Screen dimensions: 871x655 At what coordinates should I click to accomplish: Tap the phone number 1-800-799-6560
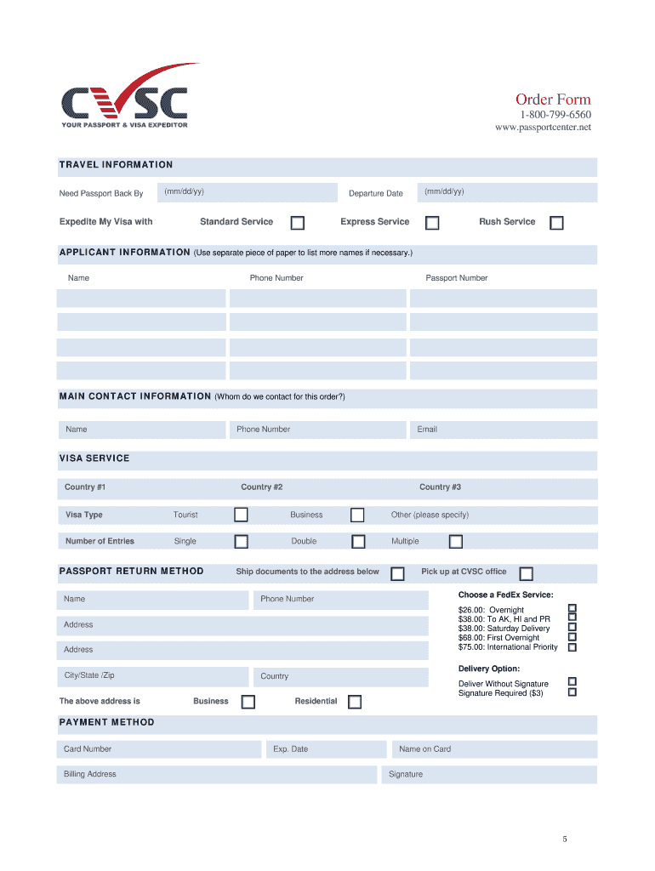pos(555,115)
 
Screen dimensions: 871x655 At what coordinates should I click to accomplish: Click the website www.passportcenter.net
pos(543,128)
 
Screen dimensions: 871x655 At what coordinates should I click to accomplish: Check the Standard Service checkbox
pos(298,223)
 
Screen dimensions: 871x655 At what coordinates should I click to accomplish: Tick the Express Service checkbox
pos(432,223)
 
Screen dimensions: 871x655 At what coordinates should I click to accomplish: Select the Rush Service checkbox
pos(556,223)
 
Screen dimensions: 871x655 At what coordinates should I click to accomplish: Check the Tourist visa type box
pos(242,515)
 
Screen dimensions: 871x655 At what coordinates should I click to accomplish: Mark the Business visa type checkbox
pos(357,515)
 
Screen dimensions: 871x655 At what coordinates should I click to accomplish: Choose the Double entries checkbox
pos(358,542)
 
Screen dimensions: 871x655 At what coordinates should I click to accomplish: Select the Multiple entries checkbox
pos(456,542)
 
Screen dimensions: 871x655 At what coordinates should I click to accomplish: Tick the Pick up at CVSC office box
pos(527,573)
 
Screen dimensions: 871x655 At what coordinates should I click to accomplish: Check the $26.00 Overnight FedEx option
pos(572,609)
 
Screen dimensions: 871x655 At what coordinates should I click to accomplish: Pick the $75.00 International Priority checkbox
pos(572,646)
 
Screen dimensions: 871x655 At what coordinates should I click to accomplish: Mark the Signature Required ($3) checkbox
pos(572,692)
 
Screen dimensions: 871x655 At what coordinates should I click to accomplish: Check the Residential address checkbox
pos(355,702)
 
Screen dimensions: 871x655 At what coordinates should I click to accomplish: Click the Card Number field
pos(159,749)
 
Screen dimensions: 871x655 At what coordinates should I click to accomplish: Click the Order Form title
pos(553,100)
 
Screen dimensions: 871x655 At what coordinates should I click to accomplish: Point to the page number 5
pos(564,840)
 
